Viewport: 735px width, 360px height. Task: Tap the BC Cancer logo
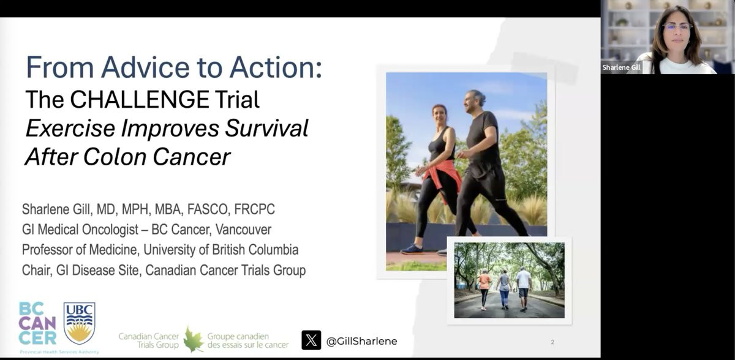[x=37, y=324]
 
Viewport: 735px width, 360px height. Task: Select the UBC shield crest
[x=80, y=323]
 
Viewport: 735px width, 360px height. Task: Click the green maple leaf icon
[x=194, y=340]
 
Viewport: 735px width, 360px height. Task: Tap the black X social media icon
[x=311, y=340]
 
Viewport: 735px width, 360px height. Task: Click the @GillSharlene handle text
[x=361, y=341]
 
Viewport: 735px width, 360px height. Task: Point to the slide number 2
[x=552, y=342]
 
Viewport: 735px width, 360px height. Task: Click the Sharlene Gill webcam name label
[x=621, y=67]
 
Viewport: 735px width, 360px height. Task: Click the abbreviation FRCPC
[x=255, y=209]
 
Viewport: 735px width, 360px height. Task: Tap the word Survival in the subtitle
[x=266, y=128]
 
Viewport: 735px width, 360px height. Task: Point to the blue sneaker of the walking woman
[x=412, y=249]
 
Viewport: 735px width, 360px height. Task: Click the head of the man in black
[x=473, y=101]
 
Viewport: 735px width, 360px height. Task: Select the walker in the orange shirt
[x=484, y=289]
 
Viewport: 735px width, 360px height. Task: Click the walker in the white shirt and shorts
[x=523, y=288]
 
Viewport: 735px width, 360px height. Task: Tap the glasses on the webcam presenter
[x=677, y=26]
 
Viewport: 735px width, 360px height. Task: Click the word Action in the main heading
[x=276, y=67]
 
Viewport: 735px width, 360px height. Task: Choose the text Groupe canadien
[x=238, y=336]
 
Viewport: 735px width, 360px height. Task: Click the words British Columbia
[x=255, y=250]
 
